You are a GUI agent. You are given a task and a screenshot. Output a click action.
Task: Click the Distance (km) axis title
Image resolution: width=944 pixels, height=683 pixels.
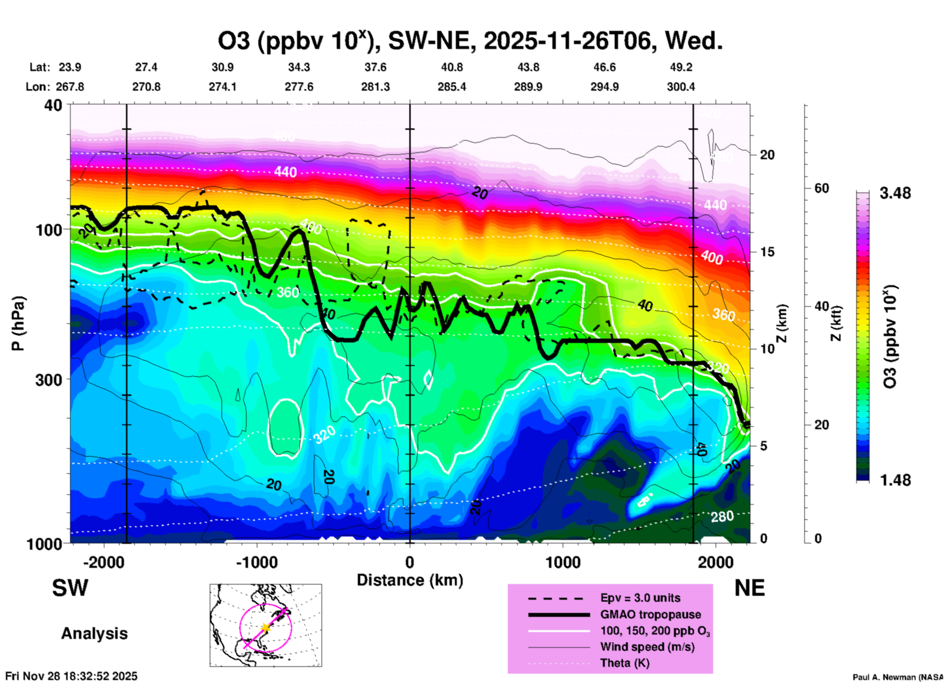(410, 580)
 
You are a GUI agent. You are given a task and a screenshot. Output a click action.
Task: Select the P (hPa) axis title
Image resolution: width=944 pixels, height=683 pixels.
(18, 323)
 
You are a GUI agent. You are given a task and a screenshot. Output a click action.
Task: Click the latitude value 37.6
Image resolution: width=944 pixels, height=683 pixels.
(375, 67)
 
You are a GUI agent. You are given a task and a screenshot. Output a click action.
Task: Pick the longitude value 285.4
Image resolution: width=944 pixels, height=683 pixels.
(451, 87)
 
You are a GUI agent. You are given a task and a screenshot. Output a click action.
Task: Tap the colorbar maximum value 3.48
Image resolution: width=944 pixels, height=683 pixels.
(895, 193)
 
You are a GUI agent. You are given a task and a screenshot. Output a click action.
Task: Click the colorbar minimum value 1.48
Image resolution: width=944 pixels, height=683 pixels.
(895, 480)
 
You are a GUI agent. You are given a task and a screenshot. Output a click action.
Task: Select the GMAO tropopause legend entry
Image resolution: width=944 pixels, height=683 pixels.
(650, 614)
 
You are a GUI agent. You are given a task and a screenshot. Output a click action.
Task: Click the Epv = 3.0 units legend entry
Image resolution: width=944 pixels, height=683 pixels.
(640, 598)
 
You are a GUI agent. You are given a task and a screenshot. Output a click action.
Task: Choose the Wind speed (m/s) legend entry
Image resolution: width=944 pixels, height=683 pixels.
(647, 647)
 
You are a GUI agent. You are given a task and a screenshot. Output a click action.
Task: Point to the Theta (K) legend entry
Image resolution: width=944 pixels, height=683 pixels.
(624, 663)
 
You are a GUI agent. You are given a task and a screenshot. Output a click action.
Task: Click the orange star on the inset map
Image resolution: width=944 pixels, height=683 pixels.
(266, 627)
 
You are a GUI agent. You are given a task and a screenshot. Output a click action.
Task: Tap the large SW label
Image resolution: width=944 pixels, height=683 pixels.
(70, 588)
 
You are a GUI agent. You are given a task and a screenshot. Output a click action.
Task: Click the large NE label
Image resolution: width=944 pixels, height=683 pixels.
(749, 588)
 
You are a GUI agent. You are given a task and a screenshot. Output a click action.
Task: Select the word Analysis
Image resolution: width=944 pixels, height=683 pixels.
(94, 634)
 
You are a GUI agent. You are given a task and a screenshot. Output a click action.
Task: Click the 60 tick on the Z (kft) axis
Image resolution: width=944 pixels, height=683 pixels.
(821, 188)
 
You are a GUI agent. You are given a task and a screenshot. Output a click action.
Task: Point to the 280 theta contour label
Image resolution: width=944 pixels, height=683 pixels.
(722, 516)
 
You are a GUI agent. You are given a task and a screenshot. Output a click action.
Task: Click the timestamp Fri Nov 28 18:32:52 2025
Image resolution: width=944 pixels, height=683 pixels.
(72, 676)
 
